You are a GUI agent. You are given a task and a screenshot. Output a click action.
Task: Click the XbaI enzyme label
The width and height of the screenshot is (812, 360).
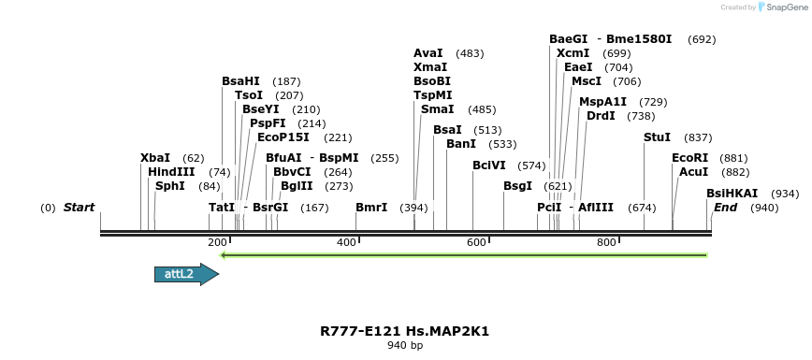(x=155, y=158)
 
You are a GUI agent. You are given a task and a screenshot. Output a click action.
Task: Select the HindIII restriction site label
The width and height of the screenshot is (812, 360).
(x=171, y=172)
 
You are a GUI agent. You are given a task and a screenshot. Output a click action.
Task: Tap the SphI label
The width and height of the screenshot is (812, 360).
(x=170, y=186)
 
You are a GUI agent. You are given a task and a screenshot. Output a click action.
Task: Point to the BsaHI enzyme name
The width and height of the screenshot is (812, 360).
(x=240, y=81)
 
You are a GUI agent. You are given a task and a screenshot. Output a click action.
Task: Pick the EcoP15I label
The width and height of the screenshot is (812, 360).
(x=283, y=137)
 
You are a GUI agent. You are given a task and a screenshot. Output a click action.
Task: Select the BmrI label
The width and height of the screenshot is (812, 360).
(x=371, y=207)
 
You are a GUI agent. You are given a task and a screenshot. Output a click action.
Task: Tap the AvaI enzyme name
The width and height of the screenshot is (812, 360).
(x=428, y=53)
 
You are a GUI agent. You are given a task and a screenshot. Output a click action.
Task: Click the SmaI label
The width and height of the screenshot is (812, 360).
(x=437, y=109)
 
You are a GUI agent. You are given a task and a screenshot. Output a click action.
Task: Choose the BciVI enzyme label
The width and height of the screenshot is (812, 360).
(x=489, y=166)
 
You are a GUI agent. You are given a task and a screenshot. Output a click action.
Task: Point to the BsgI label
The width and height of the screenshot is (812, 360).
(x=517, y=186)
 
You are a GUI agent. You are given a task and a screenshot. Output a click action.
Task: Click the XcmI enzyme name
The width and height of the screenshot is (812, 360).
(x=573, y=53)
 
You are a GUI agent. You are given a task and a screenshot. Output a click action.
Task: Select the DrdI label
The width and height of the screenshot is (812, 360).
(x=601, y=116)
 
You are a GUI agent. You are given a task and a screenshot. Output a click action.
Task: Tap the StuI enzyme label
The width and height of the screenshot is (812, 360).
(x=657, y=137)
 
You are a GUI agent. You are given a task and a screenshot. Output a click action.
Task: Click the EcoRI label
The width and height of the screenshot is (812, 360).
(x=689, y=158)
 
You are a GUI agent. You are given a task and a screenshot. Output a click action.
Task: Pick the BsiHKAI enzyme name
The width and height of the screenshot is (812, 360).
(x=732, y=194)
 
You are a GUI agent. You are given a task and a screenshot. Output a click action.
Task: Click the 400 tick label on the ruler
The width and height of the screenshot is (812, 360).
(x=346, y=243)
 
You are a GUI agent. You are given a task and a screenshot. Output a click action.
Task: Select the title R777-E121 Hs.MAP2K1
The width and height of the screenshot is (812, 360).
(x=404, y=331)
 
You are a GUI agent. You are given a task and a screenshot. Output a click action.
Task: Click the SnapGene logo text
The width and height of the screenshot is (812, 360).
(x=784, y=7)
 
